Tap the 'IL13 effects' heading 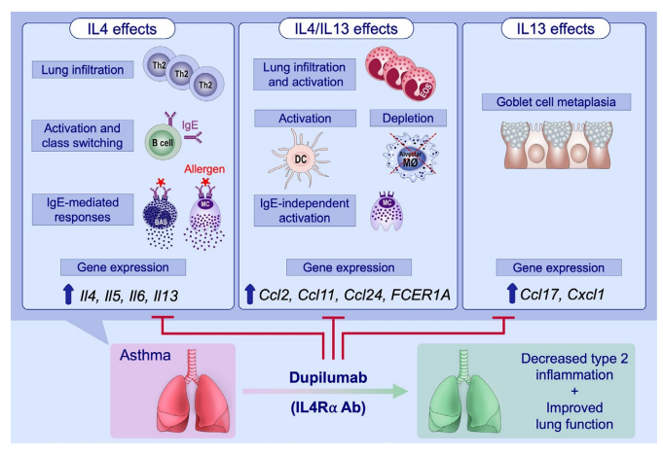[x=556, y=28]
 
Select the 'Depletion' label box [x=408, y=119]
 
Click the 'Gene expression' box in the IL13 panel [x=557, y=265]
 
